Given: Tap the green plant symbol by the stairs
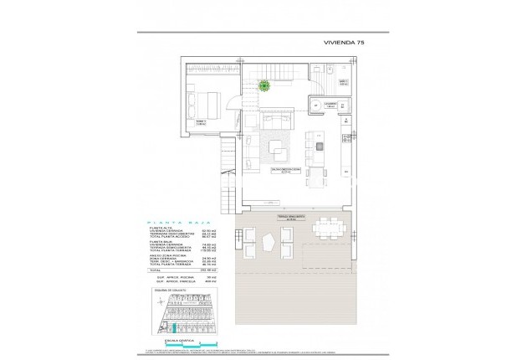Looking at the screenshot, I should [x=264, y=84].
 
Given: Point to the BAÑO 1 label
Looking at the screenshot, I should [x=343, y=80].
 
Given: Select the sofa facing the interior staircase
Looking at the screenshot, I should [x=277, y=117].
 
